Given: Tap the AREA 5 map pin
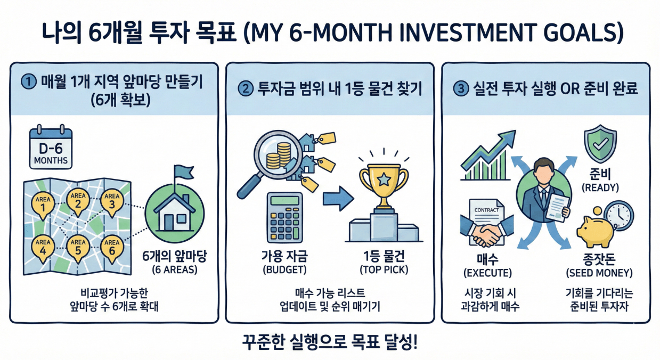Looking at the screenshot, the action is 78,249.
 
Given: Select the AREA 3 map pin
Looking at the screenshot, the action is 112,203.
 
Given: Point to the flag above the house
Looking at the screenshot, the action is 183,172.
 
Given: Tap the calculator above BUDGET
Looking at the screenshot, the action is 284,217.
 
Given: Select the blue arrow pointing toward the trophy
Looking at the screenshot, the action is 338,199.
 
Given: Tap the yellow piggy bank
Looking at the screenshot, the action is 596,231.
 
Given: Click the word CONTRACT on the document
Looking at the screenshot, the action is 486,210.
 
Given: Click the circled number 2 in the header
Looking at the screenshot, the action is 246,88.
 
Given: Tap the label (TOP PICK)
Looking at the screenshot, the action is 384,269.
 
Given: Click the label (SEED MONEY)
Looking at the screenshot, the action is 599,273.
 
